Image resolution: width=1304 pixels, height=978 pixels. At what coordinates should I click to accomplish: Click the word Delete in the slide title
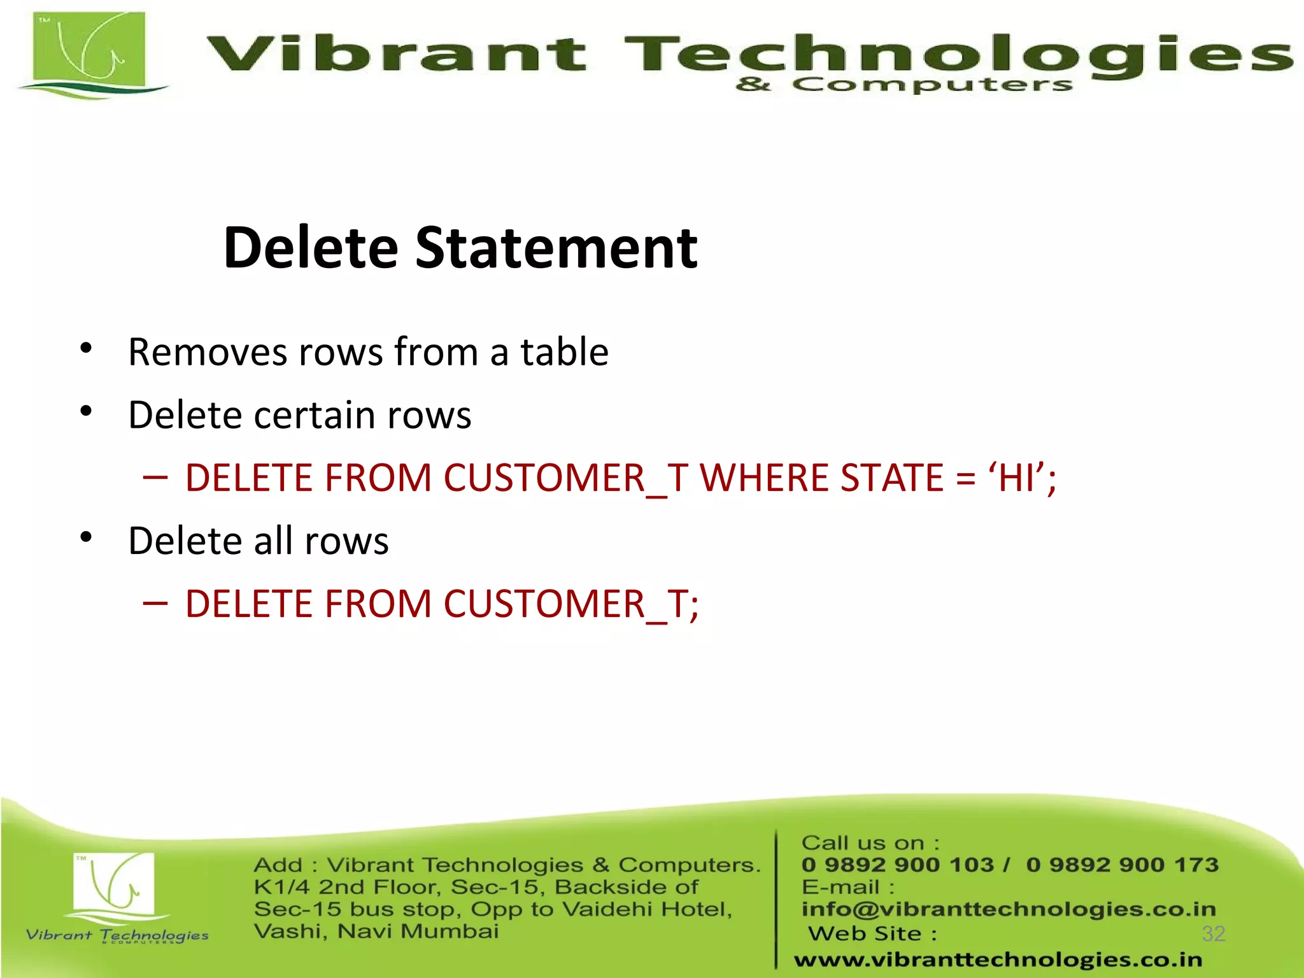311,248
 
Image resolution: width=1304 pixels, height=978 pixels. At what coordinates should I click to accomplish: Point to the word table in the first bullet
564,352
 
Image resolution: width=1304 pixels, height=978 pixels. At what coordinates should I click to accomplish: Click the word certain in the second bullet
314,415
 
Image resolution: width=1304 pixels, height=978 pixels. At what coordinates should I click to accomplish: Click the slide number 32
1213,933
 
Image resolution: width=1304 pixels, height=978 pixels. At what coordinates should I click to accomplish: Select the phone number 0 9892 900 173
1122,865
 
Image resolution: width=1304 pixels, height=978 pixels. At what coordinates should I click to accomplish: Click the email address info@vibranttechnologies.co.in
1009,909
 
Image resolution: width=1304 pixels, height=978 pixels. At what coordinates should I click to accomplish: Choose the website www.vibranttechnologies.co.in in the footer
998,960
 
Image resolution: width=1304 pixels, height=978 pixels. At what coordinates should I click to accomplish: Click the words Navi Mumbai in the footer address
418,932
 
